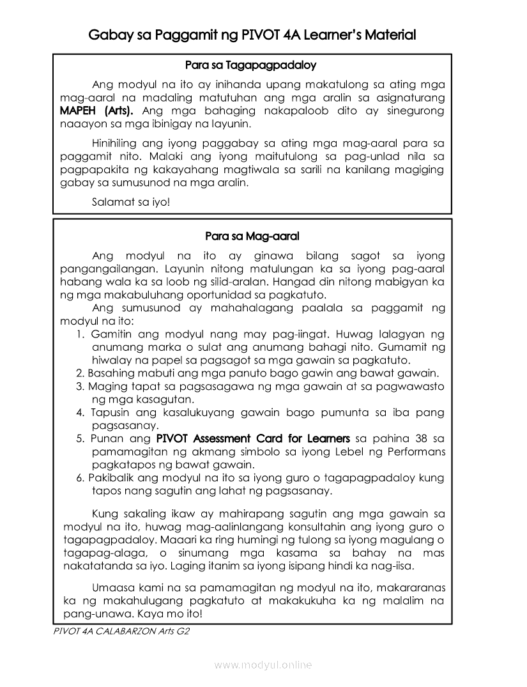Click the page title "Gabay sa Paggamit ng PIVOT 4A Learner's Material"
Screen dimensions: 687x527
(x=252, y=35)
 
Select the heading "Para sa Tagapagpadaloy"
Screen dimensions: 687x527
(x=250, y=65)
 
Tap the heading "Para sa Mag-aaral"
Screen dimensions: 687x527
(x=252, y=236)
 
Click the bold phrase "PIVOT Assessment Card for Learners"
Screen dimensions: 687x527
(x=253, y=438)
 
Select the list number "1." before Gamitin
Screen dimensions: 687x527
(x=81, y=334)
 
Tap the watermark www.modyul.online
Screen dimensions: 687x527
(x=263, y=665)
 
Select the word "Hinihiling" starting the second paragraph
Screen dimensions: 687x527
(x=118, y=143)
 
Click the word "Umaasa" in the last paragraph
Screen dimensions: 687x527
(x=112, y=587)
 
